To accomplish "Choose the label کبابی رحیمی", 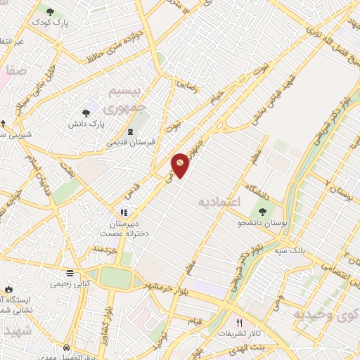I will pos(70,284).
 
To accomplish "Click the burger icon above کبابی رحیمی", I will pos(70,273).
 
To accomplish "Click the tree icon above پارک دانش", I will pos(86,112).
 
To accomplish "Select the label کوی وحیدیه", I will pos(326,313).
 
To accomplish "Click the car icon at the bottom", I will pos(66,348).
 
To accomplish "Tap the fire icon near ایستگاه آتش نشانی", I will pos(8,289).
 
